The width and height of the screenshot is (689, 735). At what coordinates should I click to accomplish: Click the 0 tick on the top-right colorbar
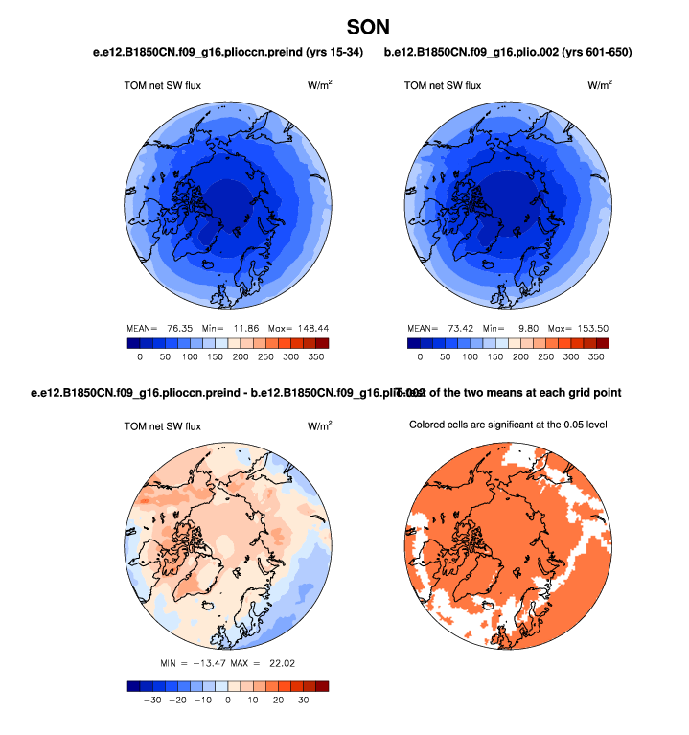[x=420, y=356]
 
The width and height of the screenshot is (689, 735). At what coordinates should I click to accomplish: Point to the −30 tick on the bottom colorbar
[x=150, y=701]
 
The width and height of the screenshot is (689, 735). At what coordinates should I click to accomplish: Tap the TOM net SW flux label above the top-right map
[x=442, y=85]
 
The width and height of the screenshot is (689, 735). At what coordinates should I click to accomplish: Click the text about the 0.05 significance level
[x=508, y=425]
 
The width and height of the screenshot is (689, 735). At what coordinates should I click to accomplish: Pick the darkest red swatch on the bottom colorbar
[x=321, y=686]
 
